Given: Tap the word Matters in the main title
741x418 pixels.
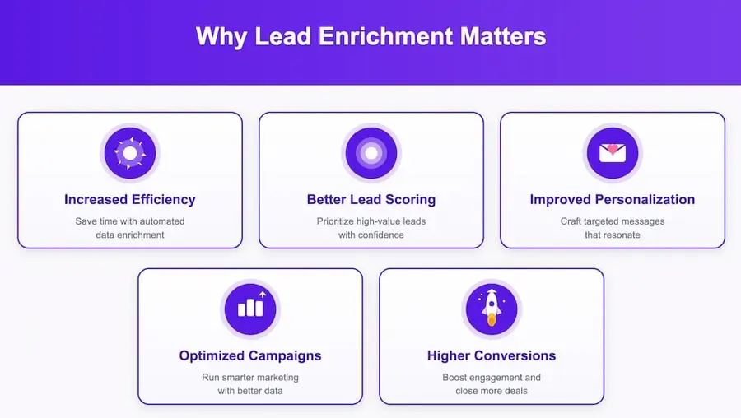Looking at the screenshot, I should point(504,37).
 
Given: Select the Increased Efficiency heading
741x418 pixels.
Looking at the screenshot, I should point(130,199).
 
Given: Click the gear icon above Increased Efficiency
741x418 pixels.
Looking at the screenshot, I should point(130,153).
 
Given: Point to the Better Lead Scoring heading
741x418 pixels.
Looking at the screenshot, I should point(371,199).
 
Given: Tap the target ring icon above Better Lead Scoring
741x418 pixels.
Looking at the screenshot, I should point(371,153).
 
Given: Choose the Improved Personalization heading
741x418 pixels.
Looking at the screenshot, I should point(613,199).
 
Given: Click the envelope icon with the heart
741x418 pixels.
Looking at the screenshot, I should point(613,153).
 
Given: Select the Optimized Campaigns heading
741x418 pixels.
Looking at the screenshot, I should point(250,355).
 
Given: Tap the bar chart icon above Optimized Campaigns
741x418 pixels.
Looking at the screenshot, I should point(250,309).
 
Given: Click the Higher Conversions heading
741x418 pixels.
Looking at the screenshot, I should point(492,355).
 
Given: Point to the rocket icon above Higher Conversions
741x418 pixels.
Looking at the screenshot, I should point(492,309).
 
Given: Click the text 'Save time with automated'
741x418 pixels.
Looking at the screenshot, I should point(130,221).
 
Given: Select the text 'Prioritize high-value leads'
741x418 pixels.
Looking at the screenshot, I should point(371,221).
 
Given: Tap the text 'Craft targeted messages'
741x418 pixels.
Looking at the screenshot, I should point(613,221).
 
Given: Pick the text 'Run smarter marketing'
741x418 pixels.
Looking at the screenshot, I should point(250,377).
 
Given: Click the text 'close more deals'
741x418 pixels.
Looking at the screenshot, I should point(492,391).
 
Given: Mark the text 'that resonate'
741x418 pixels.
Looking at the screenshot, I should point(613,235).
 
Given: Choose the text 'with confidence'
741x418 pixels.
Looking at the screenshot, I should point(371,235).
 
